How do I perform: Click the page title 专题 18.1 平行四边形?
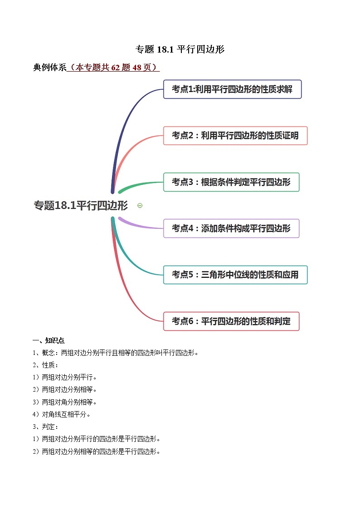180,49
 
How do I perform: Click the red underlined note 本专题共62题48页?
113,68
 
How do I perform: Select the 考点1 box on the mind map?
232,89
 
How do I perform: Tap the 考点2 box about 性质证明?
235,136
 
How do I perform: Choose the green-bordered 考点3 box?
231,182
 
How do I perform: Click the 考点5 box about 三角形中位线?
235,275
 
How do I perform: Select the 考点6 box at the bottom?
231,321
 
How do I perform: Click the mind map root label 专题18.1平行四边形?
81,205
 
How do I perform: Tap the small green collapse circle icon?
140,205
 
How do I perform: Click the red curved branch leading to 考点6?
129,290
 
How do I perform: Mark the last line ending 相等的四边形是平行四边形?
101,451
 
